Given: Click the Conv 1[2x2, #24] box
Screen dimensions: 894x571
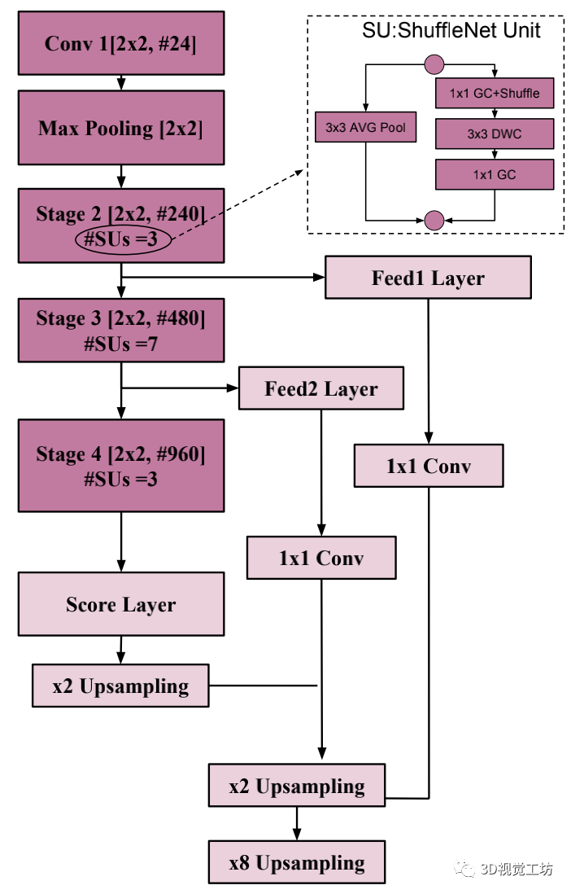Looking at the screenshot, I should click(x=120, y=42).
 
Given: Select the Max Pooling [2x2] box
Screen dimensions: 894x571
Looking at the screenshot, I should click(x=120, y=128).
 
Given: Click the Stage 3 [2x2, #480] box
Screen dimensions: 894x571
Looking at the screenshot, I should click(x=120, y=331).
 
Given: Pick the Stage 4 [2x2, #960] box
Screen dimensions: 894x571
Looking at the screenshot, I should click(x=120, y=466).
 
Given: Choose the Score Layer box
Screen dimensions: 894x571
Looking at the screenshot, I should click(x=120, y=604).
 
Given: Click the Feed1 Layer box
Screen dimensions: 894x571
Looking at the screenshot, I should click(x=428, y=278).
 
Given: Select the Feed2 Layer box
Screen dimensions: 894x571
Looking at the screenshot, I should click(x=320, y=388).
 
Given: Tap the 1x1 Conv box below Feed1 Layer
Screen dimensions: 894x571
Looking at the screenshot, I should click(x=428, y=467).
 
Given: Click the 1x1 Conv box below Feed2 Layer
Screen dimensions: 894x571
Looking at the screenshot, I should click(x=320, y=559).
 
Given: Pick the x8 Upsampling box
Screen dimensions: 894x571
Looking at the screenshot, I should click(x=296, y=863).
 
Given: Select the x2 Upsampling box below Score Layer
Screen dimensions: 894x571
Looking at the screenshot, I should click(x=120, y=686).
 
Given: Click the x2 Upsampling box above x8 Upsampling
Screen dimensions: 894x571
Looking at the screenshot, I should click(x=296, y=786).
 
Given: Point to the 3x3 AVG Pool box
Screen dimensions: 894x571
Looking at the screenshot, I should click(x=366, y=127).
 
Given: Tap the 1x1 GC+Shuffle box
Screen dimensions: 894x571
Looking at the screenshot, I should click(x=494, y=93).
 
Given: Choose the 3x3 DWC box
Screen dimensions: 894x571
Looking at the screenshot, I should click(x=494, y=134).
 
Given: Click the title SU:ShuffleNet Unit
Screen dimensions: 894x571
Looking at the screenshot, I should click(x=451, y=32).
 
